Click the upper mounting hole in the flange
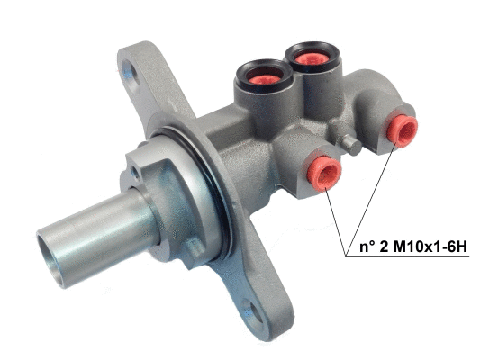137,71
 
